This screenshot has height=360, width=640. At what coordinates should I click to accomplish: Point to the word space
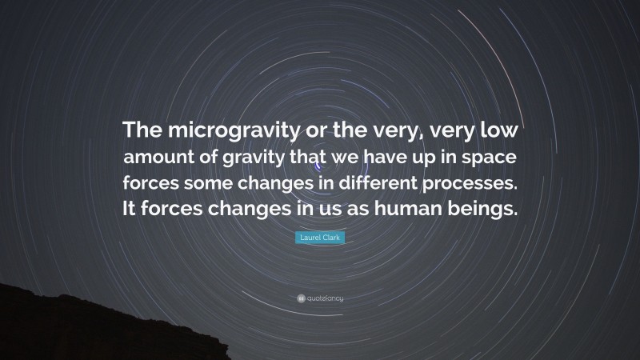[x=493, y=157]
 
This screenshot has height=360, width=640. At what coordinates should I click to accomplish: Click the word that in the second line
[x=314, y=157]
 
